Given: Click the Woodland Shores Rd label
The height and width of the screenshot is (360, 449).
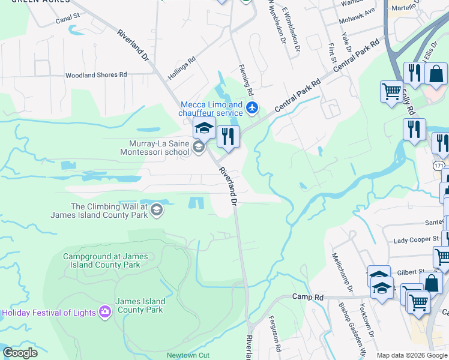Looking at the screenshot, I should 97,75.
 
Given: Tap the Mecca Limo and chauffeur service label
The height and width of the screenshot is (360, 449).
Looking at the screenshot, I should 212,109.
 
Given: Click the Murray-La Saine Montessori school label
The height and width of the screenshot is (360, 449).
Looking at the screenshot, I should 159,148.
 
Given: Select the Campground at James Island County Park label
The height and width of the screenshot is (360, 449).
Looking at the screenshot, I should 105,260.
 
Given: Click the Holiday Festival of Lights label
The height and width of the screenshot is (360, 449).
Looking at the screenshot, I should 49,313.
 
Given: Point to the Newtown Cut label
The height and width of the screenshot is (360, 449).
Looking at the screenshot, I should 188,355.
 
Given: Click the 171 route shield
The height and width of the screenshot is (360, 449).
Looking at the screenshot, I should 441,163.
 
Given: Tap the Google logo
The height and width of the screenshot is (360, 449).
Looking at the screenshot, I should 20,353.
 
